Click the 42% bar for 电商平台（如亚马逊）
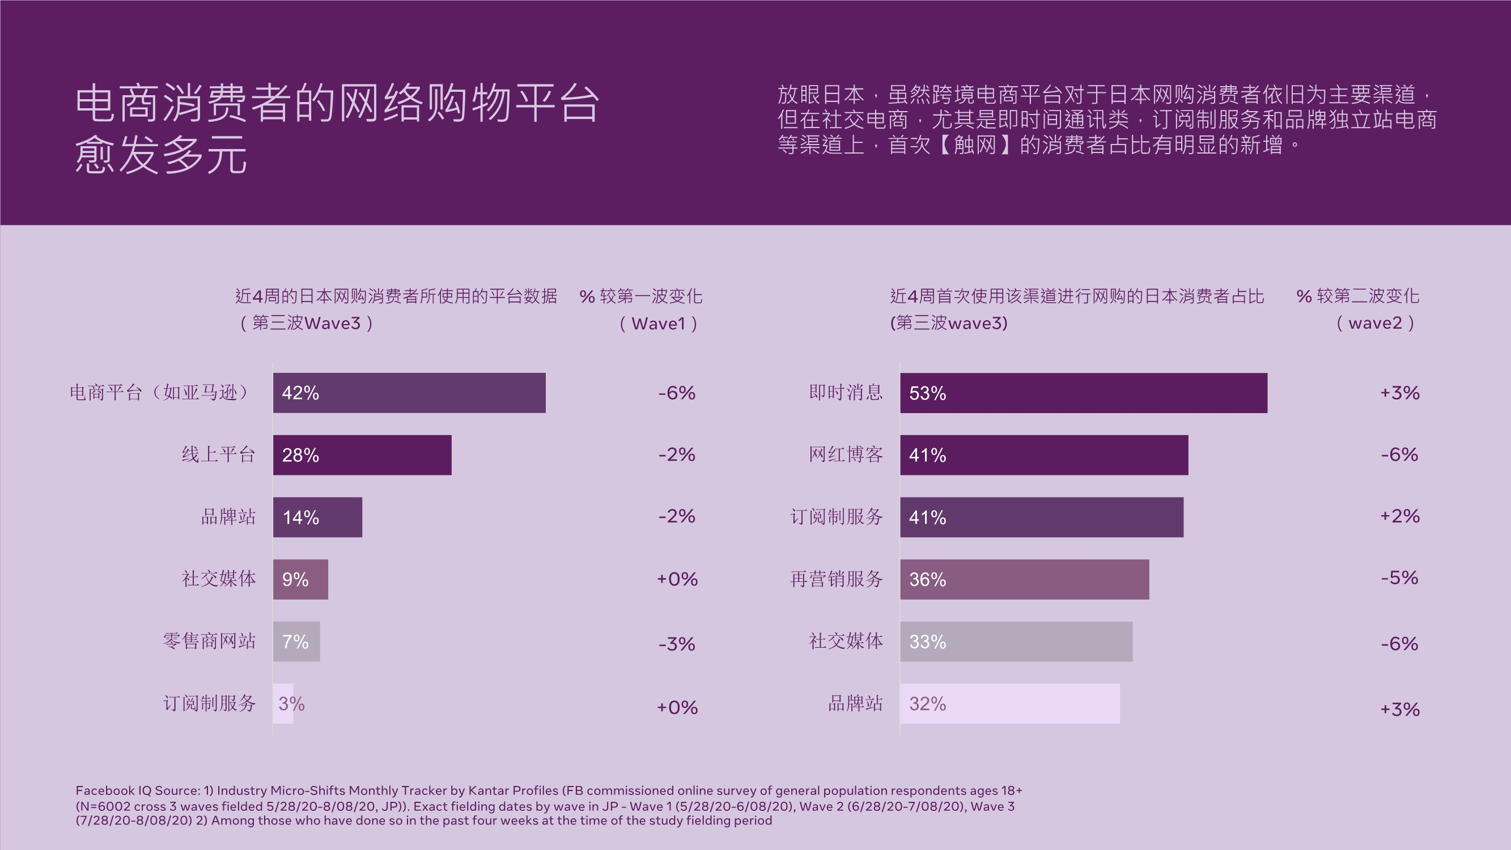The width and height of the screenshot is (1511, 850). click(409, 393)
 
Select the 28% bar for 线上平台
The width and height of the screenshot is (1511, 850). click(362, 454)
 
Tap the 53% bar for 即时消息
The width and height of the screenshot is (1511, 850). click(1084, 393)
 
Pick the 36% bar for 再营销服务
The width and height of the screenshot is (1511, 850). click(1024, 579)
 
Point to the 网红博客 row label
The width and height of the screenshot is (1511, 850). click(845, 454)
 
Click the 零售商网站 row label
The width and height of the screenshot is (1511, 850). click(209, 641)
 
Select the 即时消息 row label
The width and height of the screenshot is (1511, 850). click(845, 393)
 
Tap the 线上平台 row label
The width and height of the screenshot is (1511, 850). click(218, 454)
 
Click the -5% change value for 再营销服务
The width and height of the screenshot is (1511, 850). click(1399, 578)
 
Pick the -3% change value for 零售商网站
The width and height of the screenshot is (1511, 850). click(676, 644)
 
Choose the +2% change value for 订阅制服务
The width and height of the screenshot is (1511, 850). click(1399, 516)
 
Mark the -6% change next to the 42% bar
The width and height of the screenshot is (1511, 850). click(676, 393)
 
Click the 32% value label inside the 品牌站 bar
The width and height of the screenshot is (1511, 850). click(927, 703)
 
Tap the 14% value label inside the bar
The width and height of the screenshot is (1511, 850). click(301, 517)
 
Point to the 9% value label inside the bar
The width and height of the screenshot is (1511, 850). click(295, 580)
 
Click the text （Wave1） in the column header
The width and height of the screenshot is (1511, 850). click(658, 324)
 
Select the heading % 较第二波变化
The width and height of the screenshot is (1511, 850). click(1357, 296)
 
